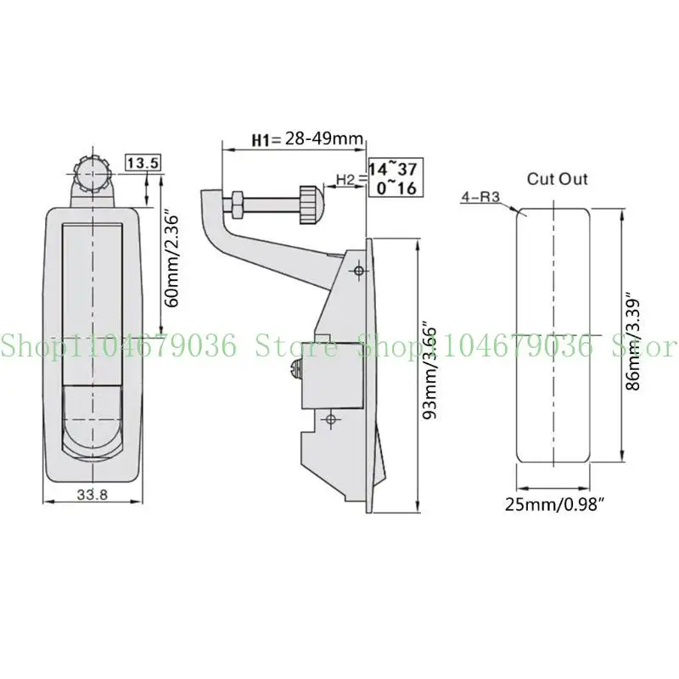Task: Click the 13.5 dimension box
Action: (143, 163)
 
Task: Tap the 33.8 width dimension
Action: (93, 495)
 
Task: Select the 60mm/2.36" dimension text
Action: (172, 260)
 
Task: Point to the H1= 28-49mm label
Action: (307, 139)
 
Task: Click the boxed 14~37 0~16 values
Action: (396, 177)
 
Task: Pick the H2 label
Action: (345, 179)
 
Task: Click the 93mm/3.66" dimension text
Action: (429, 370)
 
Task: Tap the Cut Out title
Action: (558, 179)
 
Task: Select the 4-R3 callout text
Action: (480, 197)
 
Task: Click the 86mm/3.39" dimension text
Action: (633, 344)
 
